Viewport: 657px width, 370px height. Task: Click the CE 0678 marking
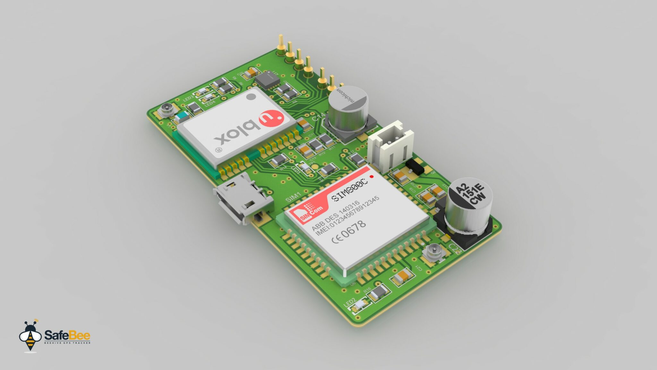point(348,232)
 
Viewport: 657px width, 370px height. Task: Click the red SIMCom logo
point(311,212)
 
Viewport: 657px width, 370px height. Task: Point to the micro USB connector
point(242,199)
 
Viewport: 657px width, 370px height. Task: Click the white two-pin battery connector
point(390,145)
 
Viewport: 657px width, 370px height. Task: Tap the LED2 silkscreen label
point(350,302)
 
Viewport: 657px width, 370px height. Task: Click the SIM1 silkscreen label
point(293,197)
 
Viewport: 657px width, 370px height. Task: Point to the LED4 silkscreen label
point(210,103)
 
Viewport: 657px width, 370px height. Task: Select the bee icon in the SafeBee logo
point(30,336)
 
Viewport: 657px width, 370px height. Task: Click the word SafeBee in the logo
point(67,335)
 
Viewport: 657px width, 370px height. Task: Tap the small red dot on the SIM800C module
point(371,177)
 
